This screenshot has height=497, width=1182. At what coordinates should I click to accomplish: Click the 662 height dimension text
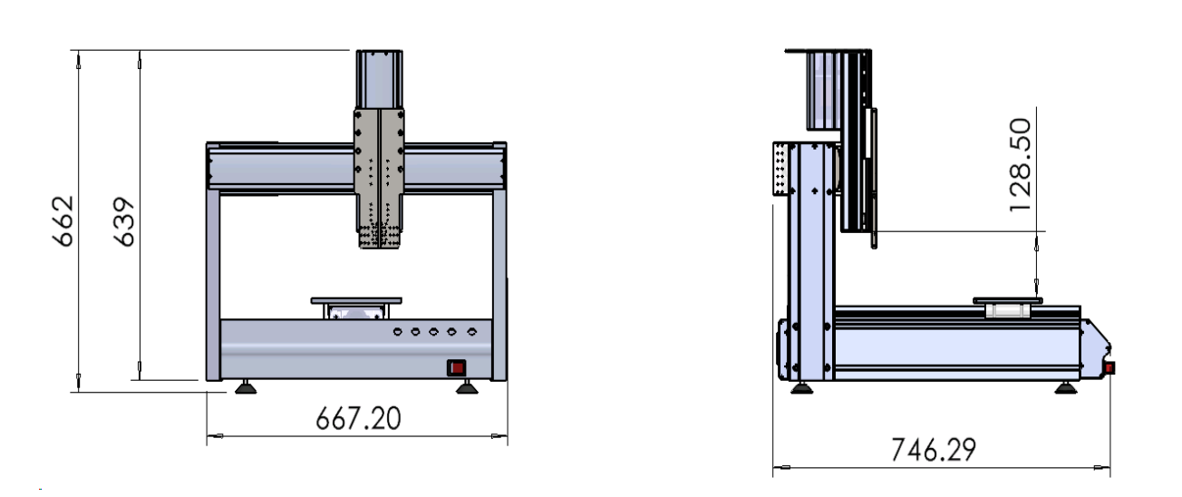[x=63, y=221]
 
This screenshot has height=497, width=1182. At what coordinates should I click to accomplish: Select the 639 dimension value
[x=124, y=222]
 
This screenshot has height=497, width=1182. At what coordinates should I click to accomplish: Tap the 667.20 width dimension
[x=358, y=418]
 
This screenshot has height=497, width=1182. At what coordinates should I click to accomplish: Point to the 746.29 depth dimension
[x=934, y=450]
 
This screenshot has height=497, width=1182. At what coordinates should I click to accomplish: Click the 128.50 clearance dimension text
[x=1020, y=165]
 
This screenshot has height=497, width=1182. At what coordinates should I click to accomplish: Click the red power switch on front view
[x=457, y=367]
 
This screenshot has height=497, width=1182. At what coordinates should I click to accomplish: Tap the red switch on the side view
[x=1109, y=367]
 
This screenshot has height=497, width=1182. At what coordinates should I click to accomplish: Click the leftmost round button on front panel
[x=397, y=332]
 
